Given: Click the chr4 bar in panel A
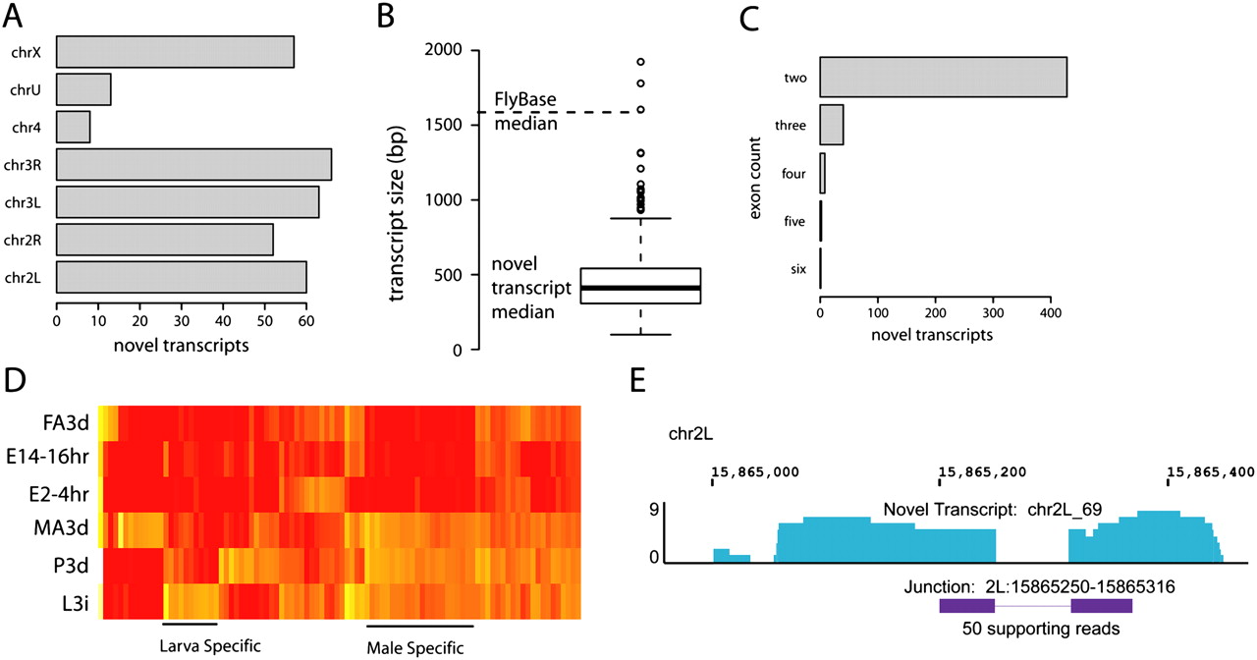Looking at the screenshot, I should click(x=74, y=127).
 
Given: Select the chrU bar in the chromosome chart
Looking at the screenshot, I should click(x=83, y=89).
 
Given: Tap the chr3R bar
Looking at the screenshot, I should click(x=193, y=165).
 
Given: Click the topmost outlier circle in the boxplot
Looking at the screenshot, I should click(x=640, y=61).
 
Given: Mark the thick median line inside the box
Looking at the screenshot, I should click(x=640, y=288).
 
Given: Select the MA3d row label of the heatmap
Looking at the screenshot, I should click(x=66, y=527).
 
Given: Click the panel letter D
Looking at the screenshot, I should click(x=14, y=383).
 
